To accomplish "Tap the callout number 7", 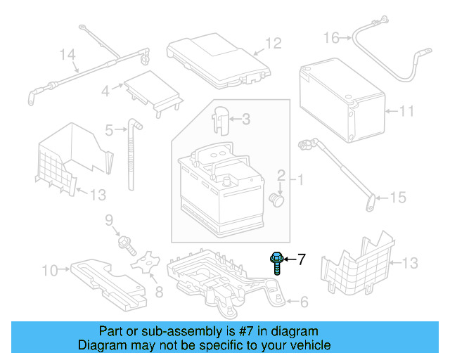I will (x=302, y=260).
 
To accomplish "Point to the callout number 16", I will (x=331, y=37).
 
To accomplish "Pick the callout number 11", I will (x=407, y=111).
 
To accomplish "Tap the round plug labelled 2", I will (x=278, y=200).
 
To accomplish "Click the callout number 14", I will (x=67, y=54).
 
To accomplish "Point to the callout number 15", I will (x=397, y=198).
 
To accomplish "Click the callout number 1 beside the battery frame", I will (x=300, y=180).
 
